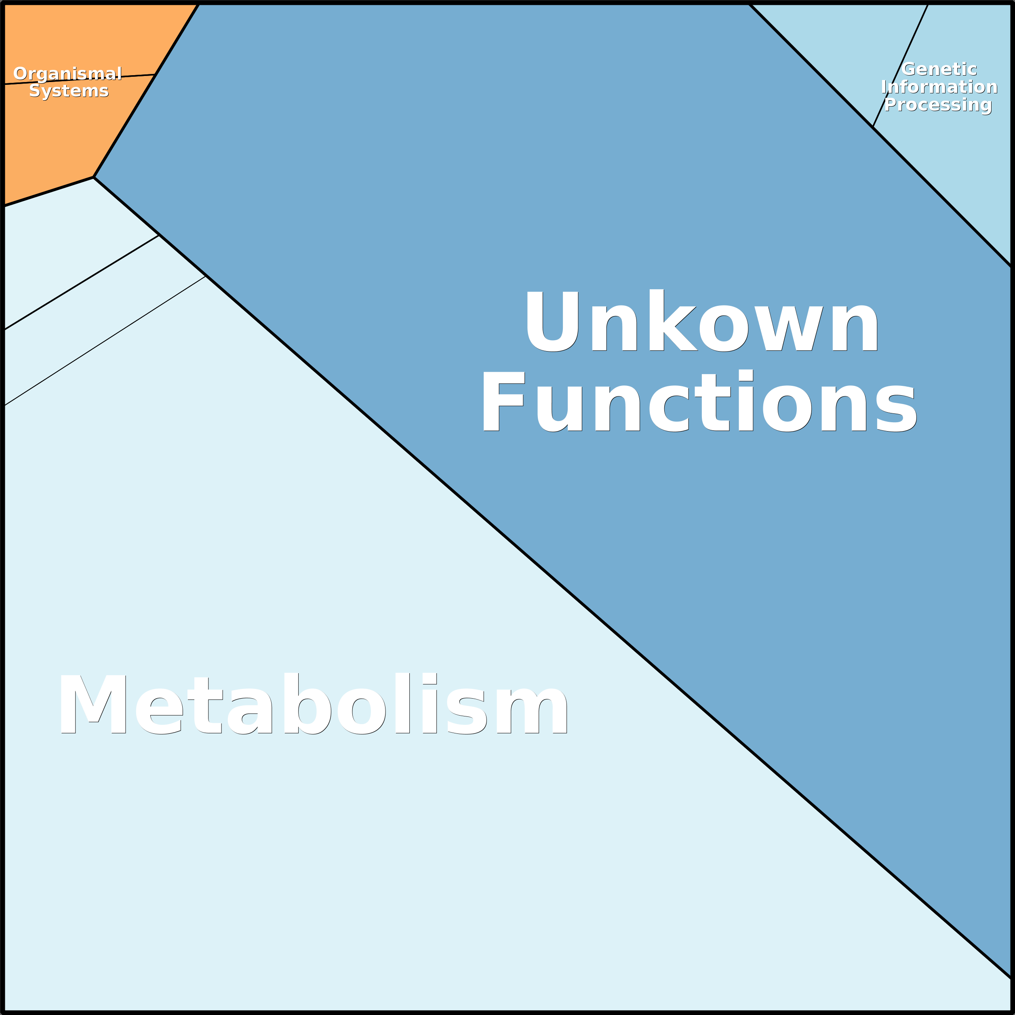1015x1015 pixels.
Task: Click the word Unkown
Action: (702, 320)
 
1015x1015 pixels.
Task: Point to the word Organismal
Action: (68, 74)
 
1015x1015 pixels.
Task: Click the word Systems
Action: (69, 91)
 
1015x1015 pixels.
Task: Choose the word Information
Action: (939, 87)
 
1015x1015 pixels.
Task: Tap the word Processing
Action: (938, 105)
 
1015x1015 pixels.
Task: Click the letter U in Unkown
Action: (553, 321)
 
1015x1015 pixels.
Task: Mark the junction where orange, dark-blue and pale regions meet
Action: (93, 177)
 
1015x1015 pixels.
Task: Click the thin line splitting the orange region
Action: (79, 79)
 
